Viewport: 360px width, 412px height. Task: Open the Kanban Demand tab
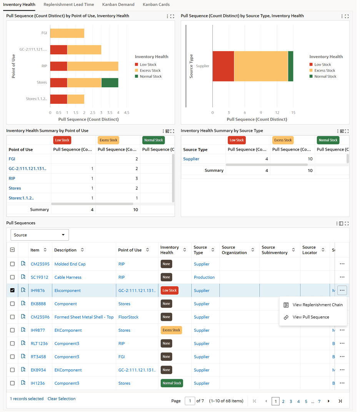[118, 5]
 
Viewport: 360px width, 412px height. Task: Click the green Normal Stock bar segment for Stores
[110, 83]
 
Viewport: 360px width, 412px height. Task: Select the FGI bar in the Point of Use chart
[67, 33]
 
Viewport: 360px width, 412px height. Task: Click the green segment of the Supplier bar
[291, 66]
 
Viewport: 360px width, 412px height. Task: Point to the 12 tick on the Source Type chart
[277, 113]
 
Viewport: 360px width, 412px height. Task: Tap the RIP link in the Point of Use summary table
[12, 178]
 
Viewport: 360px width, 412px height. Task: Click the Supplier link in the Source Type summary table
[191, 159]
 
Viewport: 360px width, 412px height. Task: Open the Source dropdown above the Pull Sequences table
[40, 235]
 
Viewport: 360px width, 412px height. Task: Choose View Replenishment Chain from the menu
[317, 305]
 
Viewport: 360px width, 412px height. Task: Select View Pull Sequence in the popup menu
[310, 317]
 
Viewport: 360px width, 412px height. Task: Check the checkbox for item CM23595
[12, 264]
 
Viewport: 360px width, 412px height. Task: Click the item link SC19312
[40, 277]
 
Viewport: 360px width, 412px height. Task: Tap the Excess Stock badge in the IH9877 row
[172, 330]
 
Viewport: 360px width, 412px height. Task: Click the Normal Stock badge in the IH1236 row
[172, 383]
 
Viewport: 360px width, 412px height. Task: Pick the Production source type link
[204, 277]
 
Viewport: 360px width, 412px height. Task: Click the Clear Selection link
[62, 399]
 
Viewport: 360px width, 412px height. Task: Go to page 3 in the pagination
[291, 401]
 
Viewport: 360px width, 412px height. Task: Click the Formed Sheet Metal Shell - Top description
[84, 317]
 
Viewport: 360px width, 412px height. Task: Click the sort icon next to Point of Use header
[148, 250]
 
